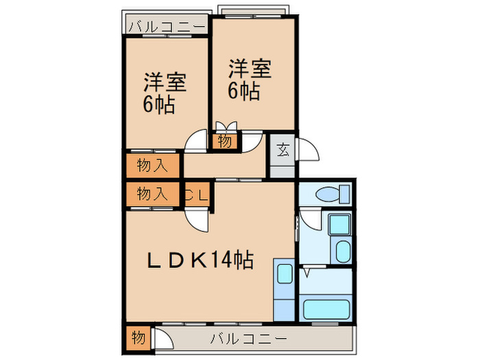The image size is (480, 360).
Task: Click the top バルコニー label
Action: [167, 27]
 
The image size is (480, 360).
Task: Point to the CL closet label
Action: [196, 194]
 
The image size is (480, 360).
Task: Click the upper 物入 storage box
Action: [152, 165]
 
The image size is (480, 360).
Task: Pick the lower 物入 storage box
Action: [152, 194]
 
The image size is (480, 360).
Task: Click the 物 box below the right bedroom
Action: [225, 142]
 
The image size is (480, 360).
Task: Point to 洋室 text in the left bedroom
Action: [165, 83]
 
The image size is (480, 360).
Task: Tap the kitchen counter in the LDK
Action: [283, 288]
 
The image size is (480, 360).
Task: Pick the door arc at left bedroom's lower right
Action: [196, 141]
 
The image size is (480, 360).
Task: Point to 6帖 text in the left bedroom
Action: [158, 106]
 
